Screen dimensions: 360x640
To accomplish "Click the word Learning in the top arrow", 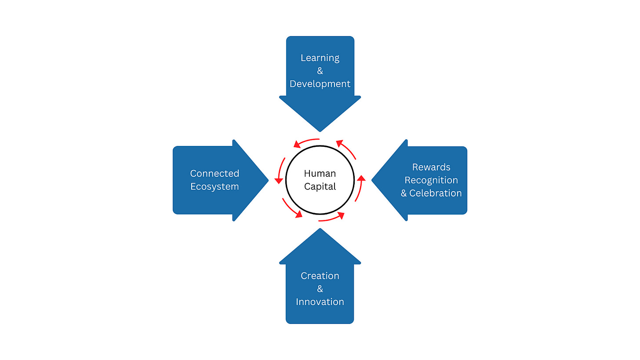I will [320, 58].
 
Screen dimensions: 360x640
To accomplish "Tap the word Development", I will [320, 84].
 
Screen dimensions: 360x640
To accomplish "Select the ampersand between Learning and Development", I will [320, 71].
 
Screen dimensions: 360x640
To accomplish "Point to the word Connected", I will [215, 174].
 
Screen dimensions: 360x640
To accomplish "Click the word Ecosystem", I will [215, 186].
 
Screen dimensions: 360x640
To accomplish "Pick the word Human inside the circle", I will [320, 174].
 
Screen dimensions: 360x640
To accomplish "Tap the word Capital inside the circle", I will [320, 186].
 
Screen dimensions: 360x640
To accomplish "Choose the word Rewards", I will [431, 167].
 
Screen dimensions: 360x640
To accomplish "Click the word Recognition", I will [431, 180].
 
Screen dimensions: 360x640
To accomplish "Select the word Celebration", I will [436, 193].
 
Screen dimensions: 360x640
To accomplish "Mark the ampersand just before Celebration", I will [404, 193].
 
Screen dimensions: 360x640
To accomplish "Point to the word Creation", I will [320, 276].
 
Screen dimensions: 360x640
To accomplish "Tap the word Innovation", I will [320, 302].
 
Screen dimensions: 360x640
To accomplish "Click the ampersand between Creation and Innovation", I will [320, 289].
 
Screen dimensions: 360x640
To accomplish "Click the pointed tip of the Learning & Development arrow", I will [320, 131].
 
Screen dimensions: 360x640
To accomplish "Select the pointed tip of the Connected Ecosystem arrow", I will [267, 180].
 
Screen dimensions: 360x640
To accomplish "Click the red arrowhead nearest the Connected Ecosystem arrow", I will [278, 180].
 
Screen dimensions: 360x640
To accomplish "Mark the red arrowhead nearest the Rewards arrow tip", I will [361, 178].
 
